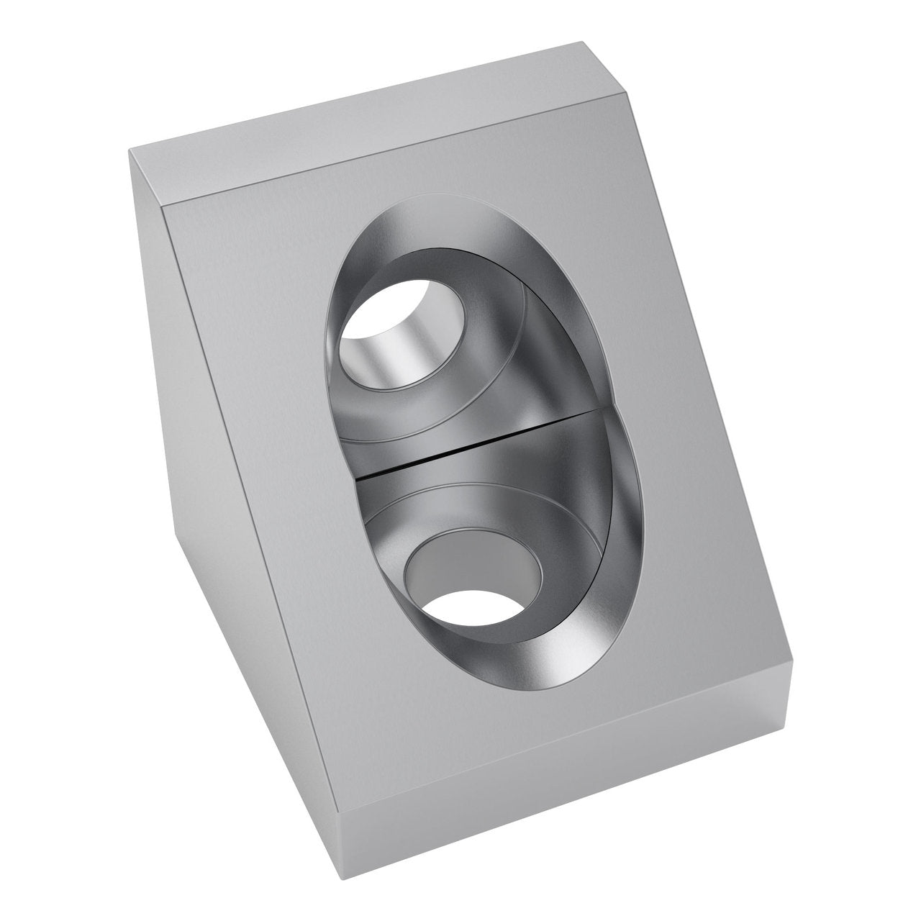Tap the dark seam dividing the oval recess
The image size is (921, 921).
pos(482,445)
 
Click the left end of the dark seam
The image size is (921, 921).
pos(357,477)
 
